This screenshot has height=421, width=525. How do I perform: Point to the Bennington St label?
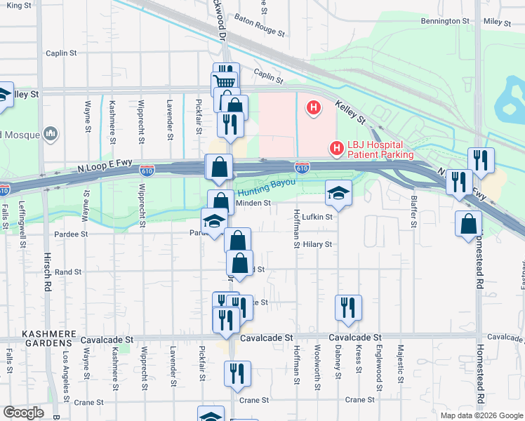pos(444,22)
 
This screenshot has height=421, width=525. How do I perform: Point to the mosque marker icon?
pos(51,133)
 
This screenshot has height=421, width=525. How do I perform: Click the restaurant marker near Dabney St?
pos(348,307)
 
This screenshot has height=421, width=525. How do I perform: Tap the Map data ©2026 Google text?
pos(481,415)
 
